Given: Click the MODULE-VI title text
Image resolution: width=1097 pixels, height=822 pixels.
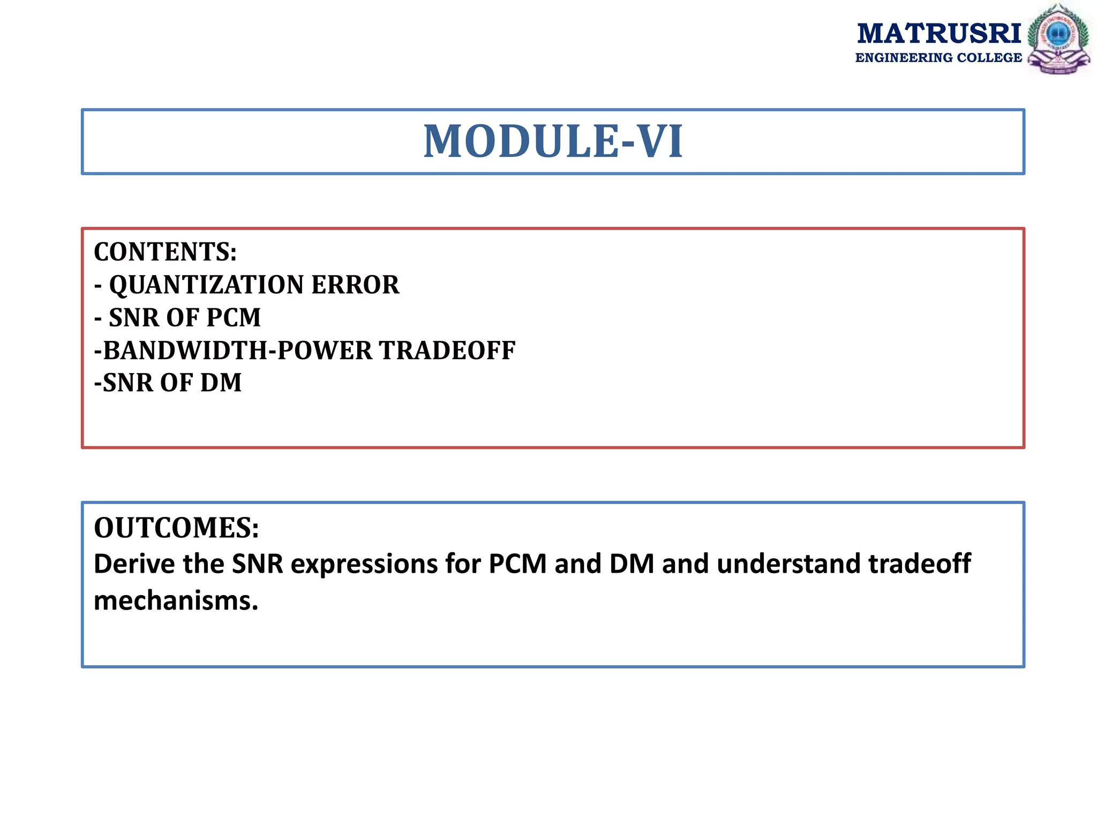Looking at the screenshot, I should coord(553,141).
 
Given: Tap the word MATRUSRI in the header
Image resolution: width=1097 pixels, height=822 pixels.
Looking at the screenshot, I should coord(939,34).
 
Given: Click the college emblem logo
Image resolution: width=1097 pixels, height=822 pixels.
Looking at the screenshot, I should coord(1058,39).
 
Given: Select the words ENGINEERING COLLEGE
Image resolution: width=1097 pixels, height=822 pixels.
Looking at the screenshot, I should coord(938,58).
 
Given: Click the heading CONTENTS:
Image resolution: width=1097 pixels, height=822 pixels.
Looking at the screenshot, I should coord(166,252).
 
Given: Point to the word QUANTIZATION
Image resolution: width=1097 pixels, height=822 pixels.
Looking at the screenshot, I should coord(206,285).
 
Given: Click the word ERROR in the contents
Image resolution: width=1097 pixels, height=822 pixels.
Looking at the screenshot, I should coord(355,285).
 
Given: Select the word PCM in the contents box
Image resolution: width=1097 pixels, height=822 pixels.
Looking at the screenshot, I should coord(234,318).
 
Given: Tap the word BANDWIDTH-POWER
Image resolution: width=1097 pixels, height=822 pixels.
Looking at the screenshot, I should coord(237,351).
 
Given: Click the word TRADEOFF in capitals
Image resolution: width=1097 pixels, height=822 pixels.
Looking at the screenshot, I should coord(447,351).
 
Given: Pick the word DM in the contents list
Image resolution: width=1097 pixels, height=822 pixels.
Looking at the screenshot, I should coord(221,383).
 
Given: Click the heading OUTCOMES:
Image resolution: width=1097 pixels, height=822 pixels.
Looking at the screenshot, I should coord(176,528).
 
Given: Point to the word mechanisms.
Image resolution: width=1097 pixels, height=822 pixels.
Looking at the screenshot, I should coord(176,600).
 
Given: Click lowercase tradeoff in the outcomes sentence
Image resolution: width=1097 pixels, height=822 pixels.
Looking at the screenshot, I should coord(919,564).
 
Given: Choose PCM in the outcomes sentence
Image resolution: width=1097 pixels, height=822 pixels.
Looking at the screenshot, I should coord(517,564).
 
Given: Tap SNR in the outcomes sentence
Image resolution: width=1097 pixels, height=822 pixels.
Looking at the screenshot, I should coord(257,564).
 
